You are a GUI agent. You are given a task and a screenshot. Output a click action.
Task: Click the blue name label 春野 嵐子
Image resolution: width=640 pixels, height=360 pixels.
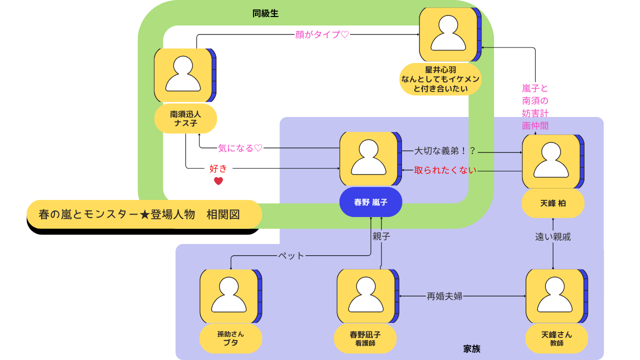click(370, 202)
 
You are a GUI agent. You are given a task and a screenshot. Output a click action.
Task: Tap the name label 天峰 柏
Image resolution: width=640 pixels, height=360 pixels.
click(552, 203)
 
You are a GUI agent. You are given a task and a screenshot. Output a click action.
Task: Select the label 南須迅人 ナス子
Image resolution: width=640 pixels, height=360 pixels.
click(185, 118)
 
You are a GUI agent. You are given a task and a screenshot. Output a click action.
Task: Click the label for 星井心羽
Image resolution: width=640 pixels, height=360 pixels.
click(440, 79)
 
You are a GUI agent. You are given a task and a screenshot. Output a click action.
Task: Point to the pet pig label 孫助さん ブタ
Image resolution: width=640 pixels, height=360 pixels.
click(230, 338)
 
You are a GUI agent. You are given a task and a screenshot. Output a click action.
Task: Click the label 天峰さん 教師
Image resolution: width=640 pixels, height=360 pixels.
click(556, 338)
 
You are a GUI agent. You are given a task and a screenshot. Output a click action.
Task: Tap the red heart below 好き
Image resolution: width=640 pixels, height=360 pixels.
click(218, 181)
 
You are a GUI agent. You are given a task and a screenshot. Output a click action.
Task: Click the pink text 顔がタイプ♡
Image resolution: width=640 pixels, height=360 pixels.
click(322, 34)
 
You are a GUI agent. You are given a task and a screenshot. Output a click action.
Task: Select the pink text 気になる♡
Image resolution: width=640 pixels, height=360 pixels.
click(240, 148)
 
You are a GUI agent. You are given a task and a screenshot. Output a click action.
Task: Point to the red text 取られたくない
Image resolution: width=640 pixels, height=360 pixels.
click(445, 170)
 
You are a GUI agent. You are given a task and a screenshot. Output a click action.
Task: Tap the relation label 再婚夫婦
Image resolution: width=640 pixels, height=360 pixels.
click(444, 296)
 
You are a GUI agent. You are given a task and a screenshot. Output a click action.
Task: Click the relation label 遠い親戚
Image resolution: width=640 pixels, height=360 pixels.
click(552, 237)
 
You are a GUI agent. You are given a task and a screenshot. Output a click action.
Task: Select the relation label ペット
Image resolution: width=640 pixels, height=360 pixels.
click(291, 255)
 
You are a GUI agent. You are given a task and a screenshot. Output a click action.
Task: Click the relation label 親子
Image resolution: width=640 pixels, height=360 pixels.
click(381, 236)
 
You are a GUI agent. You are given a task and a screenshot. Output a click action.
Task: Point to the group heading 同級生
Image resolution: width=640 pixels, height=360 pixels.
click(265, 13)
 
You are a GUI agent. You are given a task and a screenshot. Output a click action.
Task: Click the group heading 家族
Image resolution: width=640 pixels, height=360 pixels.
click(471, 349)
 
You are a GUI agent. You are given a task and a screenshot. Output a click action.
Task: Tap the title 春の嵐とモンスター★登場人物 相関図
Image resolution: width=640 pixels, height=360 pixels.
click(139, 214)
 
